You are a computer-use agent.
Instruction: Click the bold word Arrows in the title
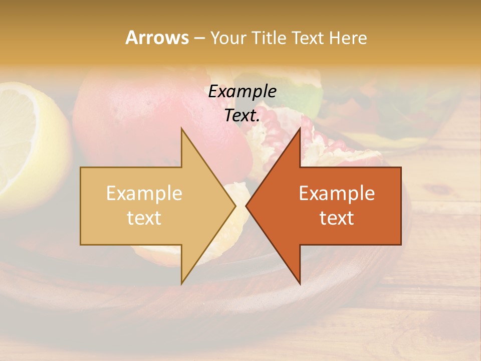[x=157, y=38]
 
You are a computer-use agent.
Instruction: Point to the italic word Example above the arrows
[x=242, y=92]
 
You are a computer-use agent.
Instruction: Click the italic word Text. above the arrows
[x=242, y=116]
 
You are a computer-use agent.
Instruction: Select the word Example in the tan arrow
[x=144, y=193]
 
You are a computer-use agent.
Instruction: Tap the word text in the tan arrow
[x=144, y=218]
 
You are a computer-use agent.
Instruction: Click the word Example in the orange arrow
[x=337, y=193]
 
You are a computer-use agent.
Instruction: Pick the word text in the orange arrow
[x=337, y=218]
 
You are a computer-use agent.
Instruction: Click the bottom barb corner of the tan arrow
[x=181, y=283]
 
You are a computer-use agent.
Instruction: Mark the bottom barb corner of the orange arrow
[x=300, y=283]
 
